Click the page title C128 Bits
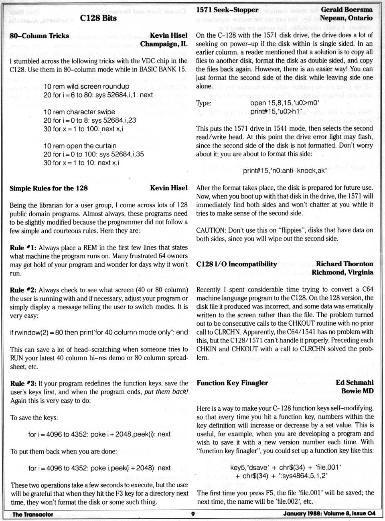point(98,18)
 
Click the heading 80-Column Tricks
point(39,36)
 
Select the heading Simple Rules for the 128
point(49,188)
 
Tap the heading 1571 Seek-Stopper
point(227,10)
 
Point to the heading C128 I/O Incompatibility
point(237,264)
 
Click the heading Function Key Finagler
point(232,383)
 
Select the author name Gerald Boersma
point(346,10)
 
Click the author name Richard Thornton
point(344,264)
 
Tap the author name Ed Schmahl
point(355,383)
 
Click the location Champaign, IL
point(164,44)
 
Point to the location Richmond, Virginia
point(342,272)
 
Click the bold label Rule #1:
point(23,247)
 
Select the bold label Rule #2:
point(23,290)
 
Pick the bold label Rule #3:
point(23,383)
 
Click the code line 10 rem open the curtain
point(80,146)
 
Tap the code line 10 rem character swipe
point(79,112)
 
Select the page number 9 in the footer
point(192,514)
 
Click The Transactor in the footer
point(33,514)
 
